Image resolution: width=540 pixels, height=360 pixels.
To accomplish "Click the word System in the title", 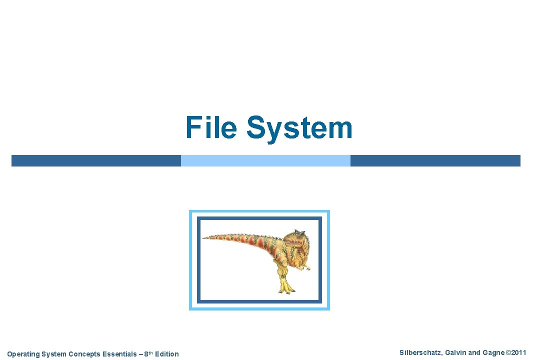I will pyautogui.click(x=299, y=127).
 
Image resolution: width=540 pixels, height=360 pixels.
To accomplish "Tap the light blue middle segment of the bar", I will pyautogui.click(x=265, y=160).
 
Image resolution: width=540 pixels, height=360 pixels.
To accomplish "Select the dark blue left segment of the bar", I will pyautogui.click(x=96, y=160).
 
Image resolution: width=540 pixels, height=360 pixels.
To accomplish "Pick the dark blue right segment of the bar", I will pyautogui.click(x=435, y=160).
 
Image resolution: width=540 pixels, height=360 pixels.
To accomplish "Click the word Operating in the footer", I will pyautogui.click(x=22, y=354).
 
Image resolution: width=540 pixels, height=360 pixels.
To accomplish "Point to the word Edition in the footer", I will pyautogui.click(x=166, y=354).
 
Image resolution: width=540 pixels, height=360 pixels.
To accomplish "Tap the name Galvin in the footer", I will pyautogui.click(x=453, y=353).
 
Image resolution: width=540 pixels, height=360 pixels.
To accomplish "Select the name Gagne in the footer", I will pyautogui.click(x=492, y=353).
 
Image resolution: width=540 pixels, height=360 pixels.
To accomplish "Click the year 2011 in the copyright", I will pyautogui.click(x=518, y=353).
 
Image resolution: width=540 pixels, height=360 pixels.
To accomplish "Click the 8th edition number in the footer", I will pyautogui.click(x=147, y=354).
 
